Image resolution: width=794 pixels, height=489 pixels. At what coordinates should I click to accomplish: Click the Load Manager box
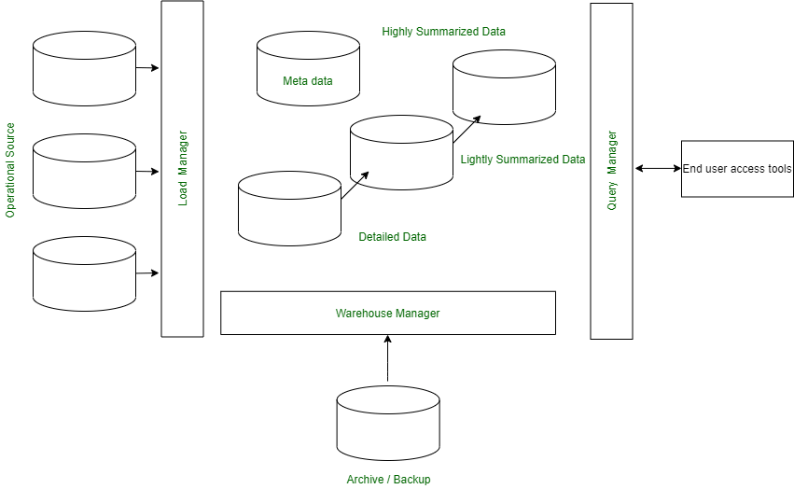click(x=182, y=169)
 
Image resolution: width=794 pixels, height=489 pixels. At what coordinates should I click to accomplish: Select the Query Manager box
click(x=612, y=171)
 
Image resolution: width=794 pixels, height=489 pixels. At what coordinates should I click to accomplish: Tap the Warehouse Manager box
click(x=388, y=313)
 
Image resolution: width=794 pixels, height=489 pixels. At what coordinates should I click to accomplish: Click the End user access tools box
click(x=737, y=169)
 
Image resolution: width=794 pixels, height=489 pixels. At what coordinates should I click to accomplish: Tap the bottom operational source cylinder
click(x=84, y=273)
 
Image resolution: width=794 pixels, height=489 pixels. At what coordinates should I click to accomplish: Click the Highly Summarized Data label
click(x=443, y=32)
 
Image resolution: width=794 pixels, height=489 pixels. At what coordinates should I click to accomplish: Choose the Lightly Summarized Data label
click(x=522, y=160)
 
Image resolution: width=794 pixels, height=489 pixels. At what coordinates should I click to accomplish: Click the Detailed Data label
click(x=393, y=237)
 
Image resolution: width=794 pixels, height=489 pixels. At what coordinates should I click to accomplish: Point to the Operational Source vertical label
click(x=11, y=170)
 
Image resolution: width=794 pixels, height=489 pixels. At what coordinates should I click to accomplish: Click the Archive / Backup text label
click(x=388, y=480)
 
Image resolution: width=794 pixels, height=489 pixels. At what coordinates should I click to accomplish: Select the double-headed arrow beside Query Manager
click(x=658, y=169)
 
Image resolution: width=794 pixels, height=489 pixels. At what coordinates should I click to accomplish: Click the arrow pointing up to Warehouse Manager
click(x=388, y=359)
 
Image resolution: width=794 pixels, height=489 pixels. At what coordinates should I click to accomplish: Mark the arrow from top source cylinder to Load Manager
click(x=148, y=68)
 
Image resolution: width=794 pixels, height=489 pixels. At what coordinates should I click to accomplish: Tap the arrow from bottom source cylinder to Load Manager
click(x=148, y=273)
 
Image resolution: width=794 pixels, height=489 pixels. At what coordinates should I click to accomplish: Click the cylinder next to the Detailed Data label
click(x=289, y=208)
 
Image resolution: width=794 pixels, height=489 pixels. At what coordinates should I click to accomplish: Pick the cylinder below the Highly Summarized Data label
click(x=504, y=87)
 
